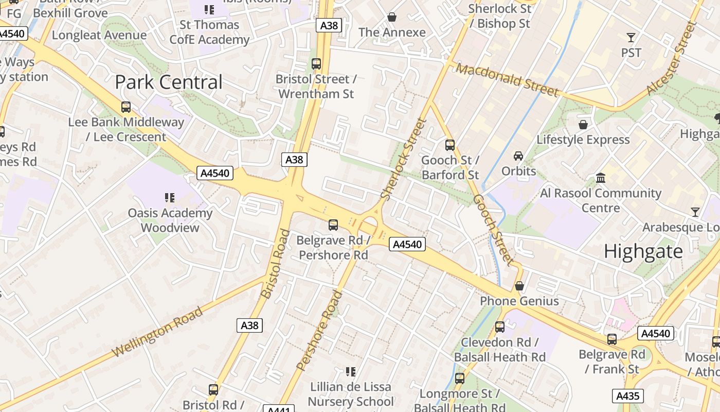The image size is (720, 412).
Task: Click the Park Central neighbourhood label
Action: [169, 82]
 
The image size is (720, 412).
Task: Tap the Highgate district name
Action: [643, 251]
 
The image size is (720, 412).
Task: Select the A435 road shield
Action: [628, 396]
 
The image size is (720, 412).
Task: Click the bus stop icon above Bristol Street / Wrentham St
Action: [316, 64]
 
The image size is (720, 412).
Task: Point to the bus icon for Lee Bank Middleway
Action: [126, 107]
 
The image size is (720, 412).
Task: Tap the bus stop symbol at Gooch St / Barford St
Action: [450, 145]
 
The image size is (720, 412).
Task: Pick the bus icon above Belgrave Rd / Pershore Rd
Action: [333, 225]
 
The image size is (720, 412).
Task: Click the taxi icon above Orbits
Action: [518, 156]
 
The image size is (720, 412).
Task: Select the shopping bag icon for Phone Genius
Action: [519, 286]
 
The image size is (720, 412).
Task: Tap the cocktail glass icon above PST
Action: [631, 37]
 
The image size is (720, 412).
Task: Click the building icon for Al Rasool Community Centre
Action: [600, 178]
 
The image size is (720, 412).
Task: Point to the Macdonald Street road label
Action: [507, 80]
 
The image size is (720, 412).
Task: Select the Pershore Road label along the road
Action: [320, 330]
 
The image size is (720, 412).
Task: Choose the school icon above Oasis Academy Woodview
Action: [170, 198]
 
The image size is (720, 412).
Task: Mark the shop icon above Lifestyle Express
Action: [583, 125]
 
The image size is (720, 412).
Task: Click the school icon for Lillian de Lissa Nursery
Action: [351, 371]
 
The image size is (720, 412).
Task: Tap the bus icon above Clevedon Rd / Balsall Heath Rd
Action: [499, 327]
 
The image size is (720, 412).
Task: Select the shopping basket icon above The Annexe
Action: [392, 18]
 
